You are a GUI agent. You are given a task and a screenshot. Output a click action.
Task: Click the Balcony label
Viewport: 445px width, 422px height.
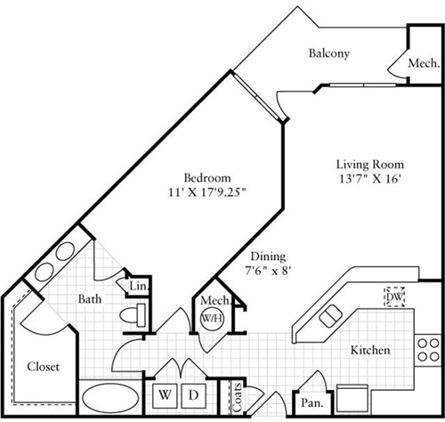pyautogui.click(x=329, y=53)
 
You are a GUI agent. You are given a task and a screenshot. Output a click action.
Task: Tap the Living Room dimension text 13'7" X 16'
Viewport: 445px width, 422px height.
pyautogui.click(x=370, y=179)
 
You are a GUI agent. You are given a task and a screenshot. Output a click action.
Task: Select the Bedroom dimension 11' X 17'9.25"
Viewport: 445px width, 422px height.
pyautogui.click(x=207, y=192)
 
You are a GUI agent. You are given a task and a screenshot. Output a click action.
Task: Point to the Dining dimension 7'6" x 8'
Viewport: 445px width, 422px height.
pyautogui.click(x=268, y=271)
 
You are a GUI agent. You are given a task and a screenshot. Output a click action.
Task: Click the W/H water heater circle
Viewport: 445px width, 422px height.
pyautogui.click(x=213, y=318)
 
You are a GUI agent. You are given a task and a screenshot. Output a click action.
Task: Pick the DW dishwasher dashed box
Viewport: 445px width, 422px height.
pyautogui.click(x=394, y=296)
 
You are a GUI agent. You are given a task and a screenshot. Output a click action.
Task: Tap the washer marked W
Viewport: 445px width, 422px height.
pyautogui.click(x=165, y=395)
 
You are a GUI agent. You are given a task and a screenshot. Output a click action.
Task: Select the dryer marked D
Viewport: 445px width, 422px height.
pyautogui.click(x=194, y=395)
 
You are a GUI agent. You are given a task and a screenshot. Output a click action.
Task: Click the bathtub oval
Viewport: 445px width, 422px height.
pyautogui.click(x=110, y=396)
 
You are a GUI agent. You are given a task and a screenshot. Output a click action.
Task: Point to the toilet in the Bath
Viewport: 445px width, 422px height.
pyautogui.click(x=133, y=315)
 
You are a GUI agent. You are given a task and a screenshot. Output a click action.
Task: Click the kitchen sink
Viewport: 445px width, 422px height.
pyautogui.click(x=330, y=316)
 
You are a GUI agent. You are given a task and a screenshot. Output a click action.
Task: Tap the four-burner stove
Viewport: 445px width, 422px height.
pyautogui.click(x=428, y=350)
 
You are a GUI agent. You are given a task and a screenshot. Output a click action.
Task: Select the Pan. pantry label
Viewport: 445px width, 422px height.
pyautogui.click(x=311, y=403)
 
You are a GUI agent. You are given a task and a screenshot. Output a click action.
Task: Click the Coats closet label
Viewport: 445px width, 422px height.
pyautogui.click(x=238, y=397)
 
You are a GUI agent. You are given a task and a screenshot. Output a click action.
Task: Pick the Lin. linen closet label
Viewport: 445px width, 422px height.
pyautogui.click(x=139, y=286)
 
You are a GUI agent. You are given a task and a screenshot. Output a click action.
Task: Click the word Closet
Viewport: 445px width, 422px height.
pyautogui.click(x=44, y=367)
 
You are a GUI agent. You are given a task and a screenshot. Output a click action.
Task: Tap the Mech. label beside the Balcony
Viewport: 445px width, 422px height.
pyautogui.click(x=424, y=63)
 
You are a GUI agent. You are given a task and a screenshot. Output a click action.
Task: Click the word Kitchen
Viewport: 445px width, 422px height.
pyautogui.click(x=370, y=350)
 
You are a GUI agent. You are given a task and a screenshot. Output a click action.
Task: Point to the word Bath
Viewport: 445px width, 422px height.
pyautogui.click(x=90, y=299)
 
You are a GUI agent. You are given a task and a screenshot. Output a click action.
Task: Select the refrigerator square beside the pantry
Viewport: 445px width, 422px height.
pyautogui.click(x=352, y=399)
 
